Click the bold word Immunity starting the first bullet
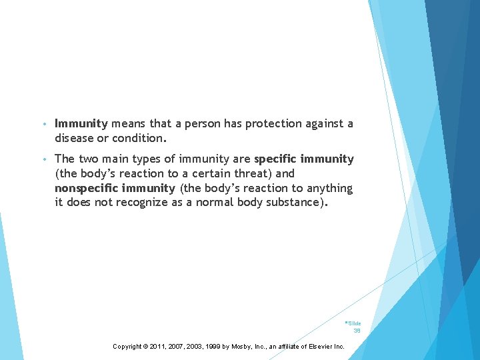(x=81, y=123)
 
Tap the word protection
(x=273, y=123)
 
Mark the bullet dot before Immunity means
(x=43, y=124)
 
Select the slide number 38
(x=357, y=330)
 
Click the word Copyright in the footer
(x=127, y=347)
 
